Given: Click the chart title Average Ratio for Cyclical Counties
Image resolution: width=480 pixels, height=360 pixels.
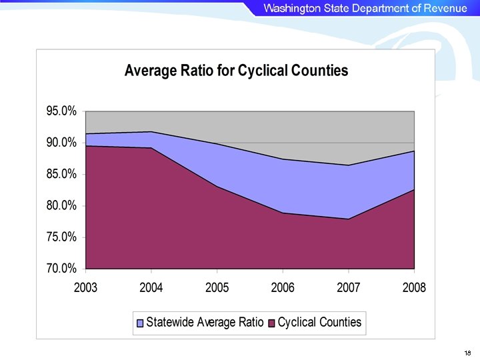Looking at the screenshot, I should (236, 71).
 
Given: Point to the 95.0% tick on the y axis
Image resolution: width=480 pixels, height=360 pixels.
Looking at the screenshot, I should (61, 111).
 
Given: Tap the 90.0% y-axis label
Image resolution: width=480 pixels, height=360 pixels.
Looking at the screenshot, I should (61, 143).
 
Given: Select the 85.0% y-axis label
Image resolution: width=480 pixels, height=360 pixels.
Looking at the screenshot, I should (61, 174).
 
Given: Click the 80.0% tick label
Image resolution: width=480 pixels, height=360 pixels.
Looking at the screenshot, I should (61, 205).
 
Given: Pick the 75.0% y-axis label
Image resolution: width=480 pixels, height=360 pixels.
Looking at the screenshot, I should (61, 237).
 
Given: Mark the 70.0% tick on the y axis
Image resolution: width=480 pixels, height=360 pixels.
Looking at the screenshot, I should (61, 269).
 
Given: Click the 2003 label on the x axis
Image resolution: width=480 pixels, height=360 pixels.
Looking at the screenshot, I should (85, 287).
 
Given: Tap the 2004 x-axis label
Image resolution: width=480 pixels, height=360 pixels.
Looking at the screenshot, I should (151, 287).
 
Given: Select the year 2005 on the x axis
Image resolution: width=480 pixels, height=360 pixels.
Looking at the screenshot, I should (217, 287).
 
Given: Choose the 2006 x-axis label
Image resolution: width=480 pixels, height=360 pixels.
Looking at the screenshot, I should (283, 287).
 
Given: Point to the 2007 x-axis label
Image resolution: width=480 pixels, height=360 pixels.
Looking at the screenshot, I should (349, 287).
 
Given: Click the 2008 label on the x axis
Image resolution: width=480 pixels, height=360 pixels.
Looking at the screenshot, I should (414, 287).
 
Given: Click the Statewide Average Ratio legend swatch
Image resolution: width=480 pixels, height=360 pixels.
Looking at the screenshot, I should (140, 323).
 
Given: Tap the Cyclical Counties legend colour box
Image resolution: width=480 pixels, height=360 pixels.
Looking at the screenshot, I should (271, 323).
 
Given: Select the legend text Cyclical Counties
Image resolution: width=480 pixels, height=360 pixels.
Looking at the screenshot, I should (319, 323).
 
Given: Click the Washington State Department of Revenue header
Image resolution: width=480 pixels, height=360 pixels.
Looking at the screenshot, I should (365, 8).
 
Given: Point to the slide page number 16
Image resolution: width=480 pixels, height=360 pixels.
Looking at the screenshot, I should (467, 351).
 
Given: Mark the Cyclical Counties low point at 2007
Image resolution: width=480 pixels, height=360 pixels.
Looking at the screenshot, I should (349, 219).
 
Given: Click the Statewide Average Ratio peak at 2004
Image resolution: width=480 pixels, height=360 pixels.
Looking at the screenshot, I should (151, 132).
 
